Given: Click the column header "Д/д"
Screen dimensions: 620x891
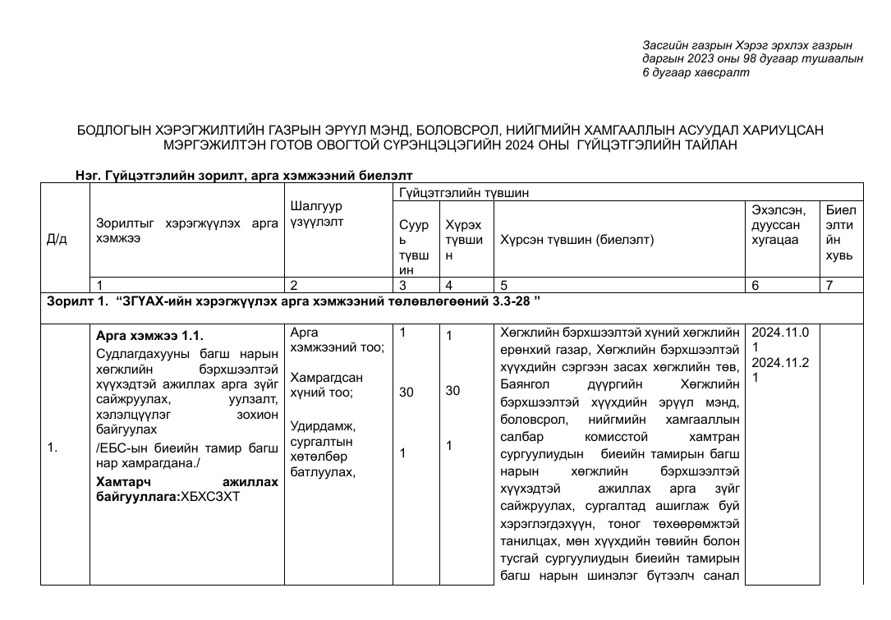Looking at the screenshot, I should click(57, 239).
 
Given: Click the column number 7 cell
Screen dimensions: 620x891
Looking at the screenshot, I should click(830, 285).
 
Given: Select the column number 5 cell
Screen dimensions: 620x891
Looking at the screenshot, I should click(503, 285).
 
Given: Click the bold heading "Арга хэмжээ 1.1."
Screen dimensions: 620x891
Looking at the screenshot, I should click(149, 336).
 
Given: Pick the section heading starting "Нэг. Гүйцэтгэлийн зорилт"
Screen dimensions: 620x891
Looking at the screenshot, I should click(243, 175).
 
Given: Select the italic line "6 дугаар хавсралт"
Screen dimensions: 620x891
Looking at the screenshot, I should click(696, 73).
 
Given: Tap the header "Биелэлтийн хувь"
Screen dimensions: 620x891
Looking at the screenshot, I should click(840, 232).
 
